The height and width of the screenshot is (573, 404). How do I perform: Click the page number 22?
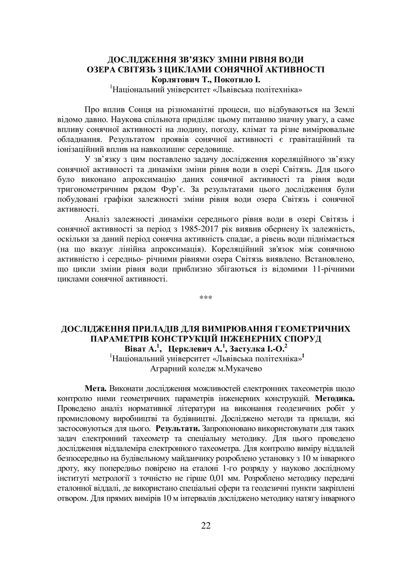(x=206, y=525)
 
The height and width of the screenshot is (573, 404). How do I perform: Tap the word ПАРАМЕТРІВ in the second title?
(x=118, y=338)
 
